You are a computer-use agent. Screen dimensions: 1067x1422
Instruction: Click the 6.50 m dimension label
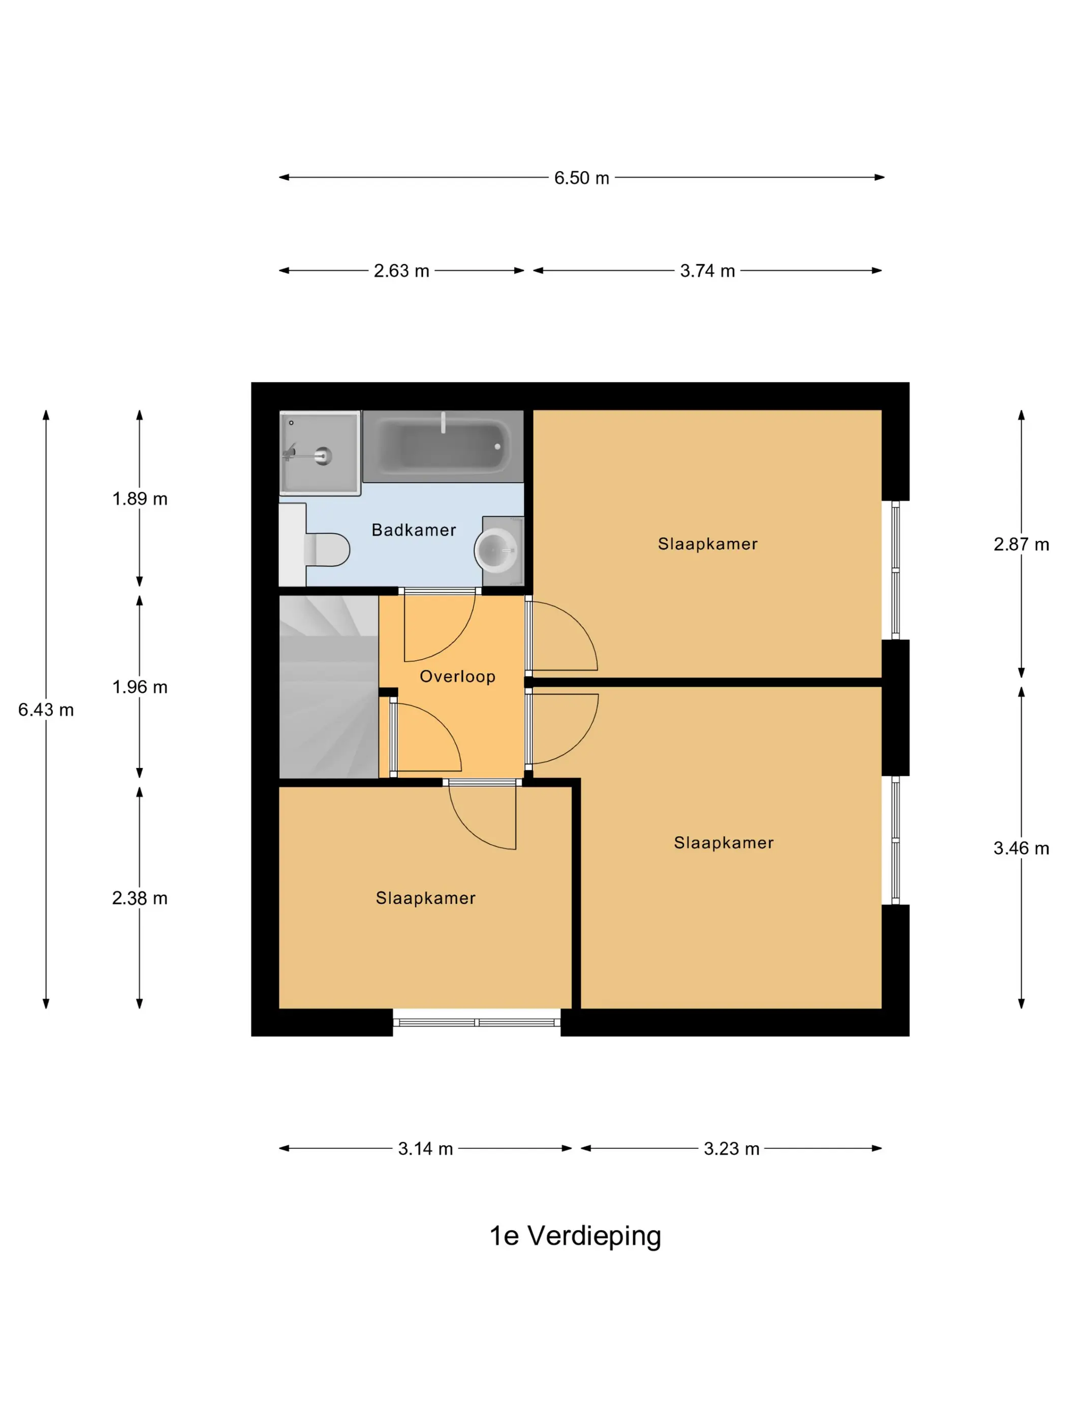click(581, 178)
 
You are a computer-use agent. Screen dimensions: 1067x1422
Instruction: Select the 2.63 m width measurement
click(401, 271)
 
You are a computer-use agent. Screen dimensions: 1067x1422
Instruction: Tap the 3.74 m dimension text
click(707, 271)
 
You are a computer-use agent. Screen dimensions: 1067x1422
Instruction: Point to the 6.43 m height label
click(46, 709)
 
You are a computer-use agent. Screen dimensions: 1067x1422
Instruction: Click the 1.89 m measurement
click(140, 499)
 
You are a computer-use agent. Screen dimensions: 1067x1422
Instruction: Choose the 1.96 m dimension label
click(140, 687)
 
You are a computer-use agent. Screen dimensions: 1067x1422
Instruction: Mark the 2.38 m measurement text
click(140, 898)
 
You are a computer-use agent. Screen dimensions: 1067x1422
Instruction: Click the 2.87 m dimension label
click(1021, 544)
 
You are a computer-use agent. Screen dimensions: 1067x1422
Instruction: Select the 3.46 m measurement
click(1021, 848)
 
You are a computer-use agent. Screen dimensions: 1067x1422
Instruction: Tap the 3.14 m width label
click(425, 1149)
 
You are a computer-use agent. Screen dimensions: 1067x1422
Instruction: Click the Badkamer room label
click(414, 530)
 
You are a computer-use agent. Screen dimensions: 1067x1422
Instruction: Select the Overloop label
click(457, 676)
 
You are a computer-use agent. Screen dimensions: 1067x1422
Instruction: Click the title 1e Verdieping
click(575, 1236)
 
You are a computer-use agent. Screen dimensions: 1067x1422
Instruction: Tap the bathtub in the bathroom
click(443, 446)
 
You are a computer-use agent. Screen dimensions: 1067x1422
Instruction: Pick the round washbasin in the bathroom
click(496, 551)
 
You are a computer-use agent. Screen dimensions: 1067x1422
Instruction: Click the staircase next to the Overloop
click(329, 687)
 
